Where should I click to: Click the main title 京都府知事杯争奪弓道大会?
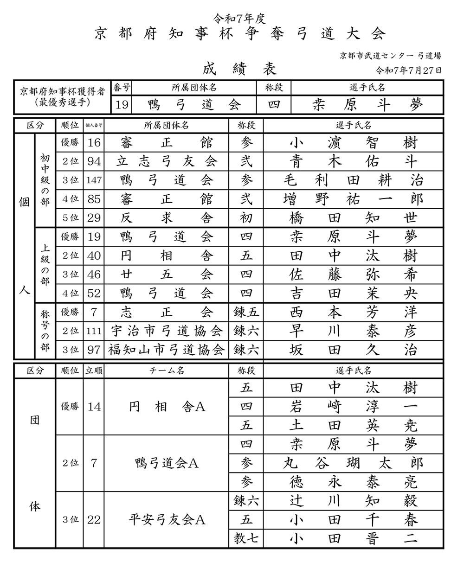click(x=240, y=34)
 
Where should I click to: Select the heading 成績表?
click(x=239, y=69)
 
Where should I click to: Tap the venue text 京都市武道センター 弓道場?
click(x=390, y=56)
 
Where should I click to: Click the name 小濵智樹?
click(x=353, y=142)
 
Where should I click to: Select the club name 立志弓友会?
click(x=167, y=161)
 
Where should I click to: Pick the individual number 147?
click(x=94, y=180)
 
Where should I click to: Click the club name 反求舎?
click(x=167, y=218)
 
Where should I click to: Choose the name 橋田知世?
click(x=353, y=218)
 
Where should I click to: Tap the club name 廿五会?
click(x=167, y=275)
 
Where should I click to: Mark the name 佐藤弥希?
click(x=353, y=275)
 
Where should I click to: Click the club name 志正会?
click(x=167, y=312)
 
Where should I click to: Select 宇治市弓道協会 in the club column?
click(x=167, y=331)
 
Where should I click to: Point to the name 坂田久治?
click(x=353, y=350)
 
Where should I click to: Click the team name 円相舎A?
click(x=167, y=407)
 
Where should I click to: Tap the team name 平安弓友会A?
click(x=167, y=520)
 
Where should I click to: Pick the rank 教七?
click(x=246, y=539)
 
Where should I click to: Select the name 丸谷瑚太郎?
click(x=353, y=463)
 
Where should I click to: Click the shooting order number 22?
click(x=94, y=520)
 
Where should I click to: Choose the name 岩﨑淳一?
click(x=353, y=407)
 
